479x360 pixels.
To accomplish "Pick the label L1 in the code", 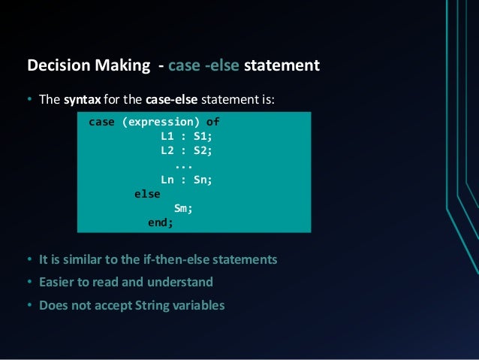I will click(167, 136).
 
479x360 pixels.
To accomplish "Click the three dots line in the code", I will click(183, 165).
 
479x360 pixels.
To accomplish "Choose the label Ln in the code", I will click(167, 179).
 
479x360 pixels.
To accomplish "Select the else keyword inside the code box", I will click(147, 193).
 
